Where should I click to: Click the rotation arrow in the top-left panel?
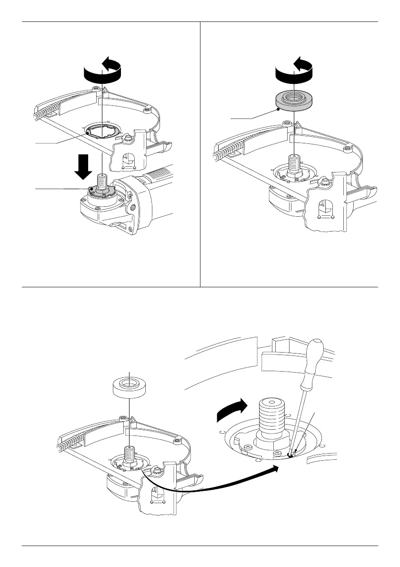(x=102, y=73)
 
